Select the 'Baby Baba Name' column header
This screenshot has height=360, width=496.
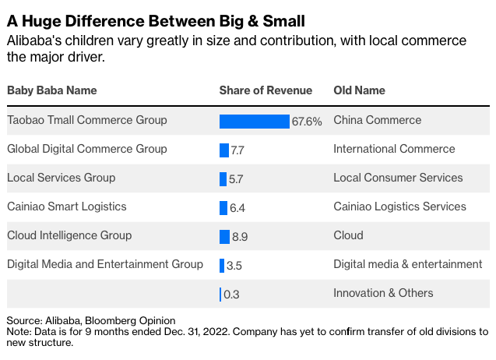(x=51, y=90)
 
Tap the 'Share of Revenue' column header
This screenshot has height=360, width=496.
(x=266, y=90)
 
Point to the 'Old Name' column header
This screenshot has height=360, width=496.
(x=359, y=90)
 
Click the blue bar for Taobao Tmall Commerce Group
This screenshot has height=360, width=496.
(x=254, y=121)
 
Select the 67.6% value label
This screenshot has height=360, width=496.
(x=307, y=122)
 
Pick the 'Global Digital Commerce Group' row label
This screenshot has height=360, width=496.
(x=86, y=149)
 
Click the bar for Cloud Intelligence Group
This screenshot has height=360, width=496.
(x=224, y=236)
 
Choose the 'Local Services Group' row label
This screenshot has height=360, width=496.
(x=61, y=178)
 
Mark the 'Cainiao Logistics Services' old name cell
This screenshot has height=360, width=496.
(x=399, y=206)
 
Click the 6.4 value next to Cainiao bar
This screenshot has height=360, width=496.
(x=237, y=208)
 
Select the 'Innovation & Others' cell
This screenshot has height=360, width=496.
(x=383, y=293)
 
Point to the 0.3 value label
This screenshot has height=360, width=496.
(x=231, y=295)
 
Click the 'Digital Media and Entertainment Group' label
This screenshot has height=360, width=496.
(x=105, y=264)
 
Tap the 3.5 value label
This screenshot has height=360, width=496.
(x=234, y=266)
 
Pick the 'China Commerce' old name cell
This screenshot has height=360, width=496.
(x=377, y=120)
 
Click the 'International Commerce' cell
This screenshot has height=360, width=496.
(x=394, y=149)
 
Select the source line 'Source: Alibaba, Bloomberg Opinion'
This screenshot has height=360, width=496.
(x=91, y=320)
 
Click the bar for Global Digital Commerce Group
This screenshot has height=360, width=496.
(x=224, y=150)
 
